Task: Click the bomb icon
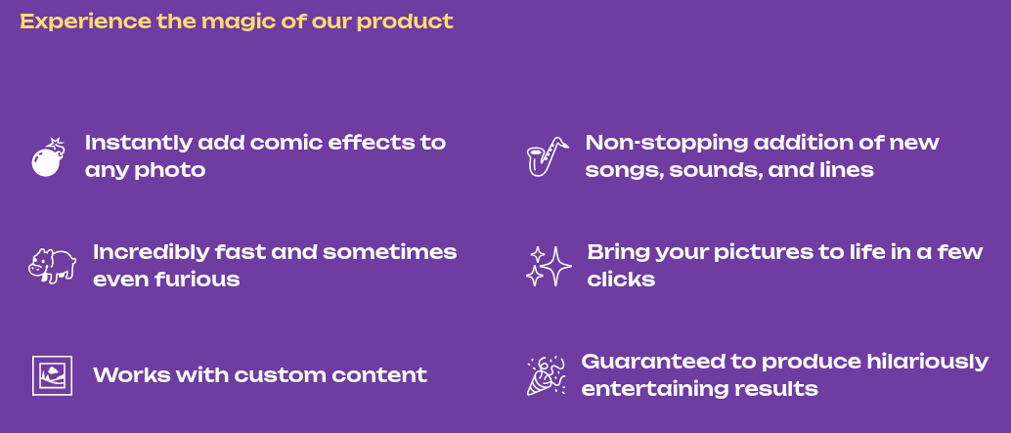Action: pyautogui.click(x=47, y=159)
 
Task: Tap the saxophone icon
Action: pyautogui.click(x=547, y=156)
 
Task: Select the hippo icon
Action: pyautogui.click(x=52, y=265)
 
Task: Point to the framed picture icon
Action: pyautogui.click(x=52, y=375)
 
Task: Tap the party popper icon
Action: pyautogui.click(x=547, y=375)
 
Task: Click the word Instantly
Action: pyautogui.click(x=138, y=143)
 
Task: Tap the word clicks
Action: pyautogui.click(x=621, y=280)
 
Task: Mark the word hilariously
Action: pyautogui.click(x=927, y=362)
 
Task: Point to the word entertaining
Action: pyautogui.click(x=657, y=389)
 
